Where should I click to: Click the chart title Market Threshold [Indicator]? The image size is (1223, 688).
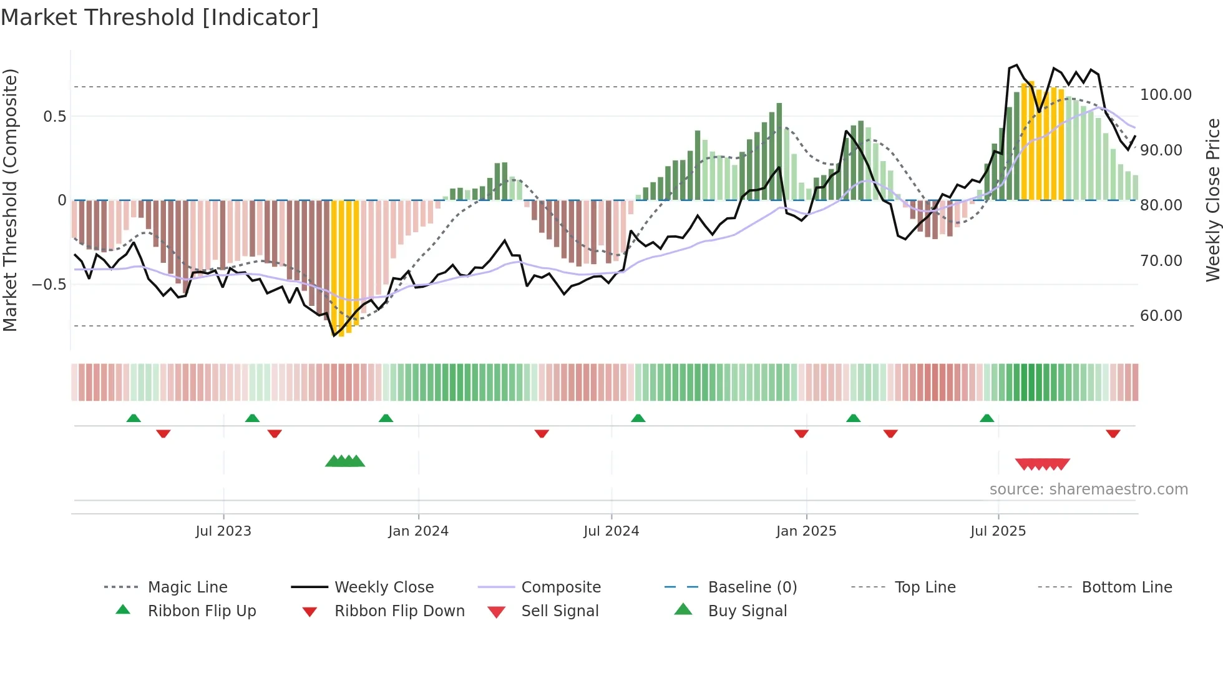coord(160,17)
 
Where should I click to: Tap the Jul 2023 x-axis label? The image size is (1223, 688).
coord(223,531)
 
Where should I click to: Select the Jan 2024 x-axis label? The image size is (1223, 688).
coord(418,531)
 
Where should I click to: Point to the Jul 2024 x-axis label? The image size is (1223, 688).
coord(611,531)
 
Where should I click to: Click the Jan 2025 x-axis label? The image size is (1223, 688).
coord(806,531)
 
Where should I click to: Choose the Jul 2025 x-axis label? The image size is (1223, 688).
coord(998,531)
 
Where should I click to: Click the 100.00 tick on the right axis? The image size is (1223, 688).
coord(1166,95)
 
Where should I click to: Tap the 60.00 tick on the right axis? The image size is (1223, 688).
coord(1161,316)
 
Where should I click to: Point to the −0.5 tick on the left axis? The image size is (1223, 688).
coord(49,285)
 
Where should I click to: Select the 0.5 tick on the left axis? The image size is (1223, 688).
coord(54,117)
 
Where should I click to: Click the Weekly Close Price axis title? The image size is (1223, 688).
coord(1212,200)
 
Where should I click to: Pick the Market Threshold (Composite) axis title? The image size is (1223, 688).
coord(10,200)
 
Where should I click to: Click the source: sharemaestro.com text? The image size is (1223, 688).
coord(1088,489)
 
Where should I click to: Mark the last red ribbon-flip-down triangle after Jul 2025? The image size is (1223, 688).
coord(1113,433)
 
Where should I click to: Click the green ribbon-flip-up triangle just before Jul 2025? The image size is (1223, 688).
coord(987,418)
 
